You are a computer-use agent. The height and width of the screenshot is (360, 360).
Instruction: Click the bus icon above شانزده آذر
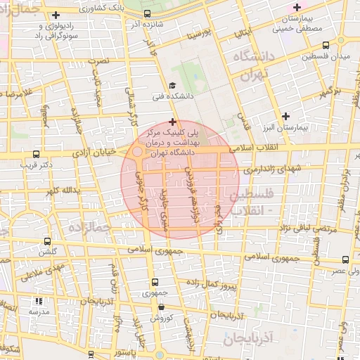pyautogui.click(x=148, y=13)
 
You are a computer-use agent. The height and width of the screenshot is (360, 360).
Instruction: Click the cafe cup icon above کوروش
pyautogui.click(x=162, y=307)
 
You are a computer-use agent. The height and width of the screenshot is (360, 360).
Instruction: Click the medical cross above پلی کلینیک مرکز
pyautogui.click(x=172, y=122)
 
